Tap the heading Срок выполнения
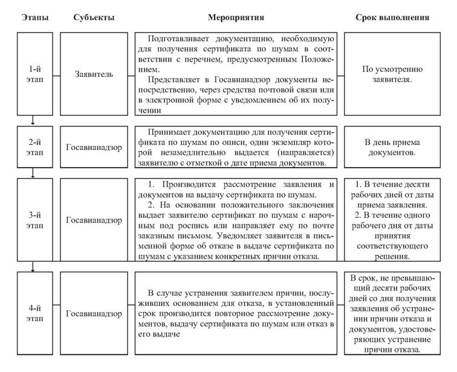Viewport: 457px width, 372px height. point(392,18)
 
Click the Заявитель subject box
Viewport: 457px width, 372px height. point(94,76)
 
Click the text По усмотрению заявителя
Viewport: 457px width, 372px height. point(392,76)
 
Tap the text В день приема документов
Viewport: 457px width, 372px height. point(392,147)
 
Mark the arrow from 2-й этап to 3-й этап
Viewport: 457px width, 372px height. point(33,172)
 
